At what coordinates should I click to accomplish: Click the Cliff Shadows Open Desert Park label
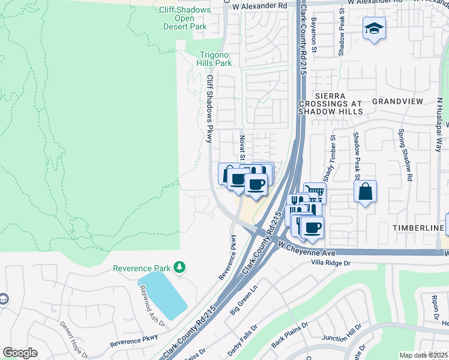point(185,18)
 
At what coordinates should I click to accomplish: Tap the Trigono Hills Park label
point(214,58)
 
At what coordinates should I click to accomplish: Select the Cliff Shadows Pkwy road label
point(209,109)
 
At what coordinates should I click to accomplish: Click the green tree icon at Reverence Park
point(178,266)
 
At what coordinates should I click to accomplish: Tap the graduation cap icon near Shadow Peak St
point(374,28)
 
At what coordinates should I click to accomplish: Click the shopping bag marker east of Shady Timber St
point(365,193)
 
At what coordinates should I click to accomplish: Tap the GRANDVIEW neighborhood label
point(397,101)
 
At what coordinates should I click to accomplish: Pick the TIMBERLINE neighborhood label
point(418,229)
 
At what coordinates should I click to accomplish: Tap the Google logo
point(20,353)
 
